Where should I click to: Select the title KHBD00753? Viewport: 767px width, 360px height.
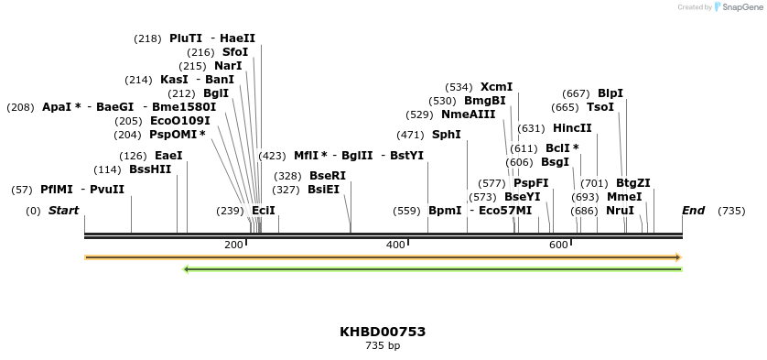(x=383, y=332)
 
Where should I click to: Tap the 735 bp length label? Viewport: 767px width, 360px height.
(x=383, y=346)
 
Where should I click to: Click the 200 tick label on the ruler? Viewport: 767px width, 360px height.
(x=233, y=245)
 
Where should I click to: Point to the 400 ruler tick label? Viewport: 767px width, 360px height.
(x=395, y=245)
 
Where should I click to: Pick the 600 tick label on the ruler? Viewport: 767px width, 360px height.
(x=558, y=245)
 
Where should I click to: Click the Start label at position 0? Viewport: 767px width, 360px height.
(x=63, y=211)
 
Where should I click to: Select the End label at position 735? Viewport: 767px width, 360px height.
(x=693, y=211)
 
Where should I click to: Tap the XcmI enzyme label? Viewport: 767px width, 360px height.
(x=496, y=87)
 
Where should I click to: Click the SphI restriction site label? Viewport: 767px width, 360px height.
(x=447, y=135)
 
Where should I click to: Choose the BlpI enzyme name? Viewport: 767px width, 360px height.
(x=610, y=93)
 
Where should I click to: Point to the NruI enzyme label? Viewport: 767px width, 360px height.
(x=620, y=211)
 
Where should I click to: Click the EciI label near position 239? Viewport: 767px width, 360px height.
(x=264, y=211)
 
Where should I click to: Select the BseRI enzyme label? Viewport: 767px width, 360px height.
(x=328, y=176)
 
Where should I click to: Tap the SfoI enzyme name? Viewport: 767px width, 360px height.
(x=235, y=52)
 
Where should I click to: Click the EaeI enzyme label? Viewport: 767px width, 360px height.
(x=168, y=156)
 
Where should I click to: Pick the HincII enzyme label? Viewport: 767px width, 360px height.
(x=572, y=128)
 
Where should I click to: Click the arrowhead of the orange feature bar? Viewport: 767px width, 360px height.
(x=678, y=257)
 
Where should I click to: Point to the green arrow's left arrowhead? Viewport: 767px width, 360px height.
(x=187, y=269)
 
